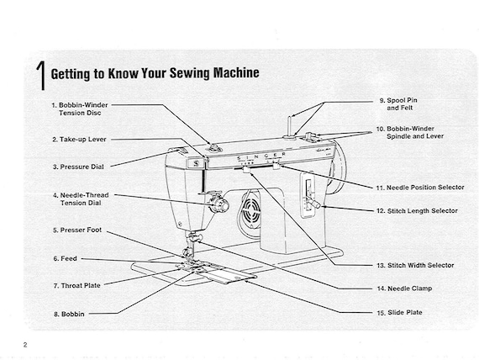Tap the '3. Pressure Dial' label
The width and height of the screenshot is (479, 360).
pyautogui.click(x=78, y=167)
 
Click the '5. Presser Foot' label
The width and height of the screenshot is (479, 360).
pyautogui.click(x=77, y=230)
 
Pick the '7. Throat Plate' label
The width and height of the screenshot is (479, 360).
pyautogui.click(x=76, y=285)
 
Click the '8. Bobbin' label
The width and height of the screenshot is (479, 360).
pyautogui.click(x=68, y=314)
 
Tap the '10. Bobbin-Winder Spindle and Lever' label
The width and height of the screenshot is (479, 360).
pyautogui.click(x=410, y=132)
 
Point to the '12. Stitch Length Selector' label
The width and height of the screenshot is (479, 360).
pyautogui.click(x=417, y=209)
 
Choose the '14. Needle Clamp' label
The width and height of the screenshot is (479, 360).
pyautogui.click(x=405, y=289)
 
